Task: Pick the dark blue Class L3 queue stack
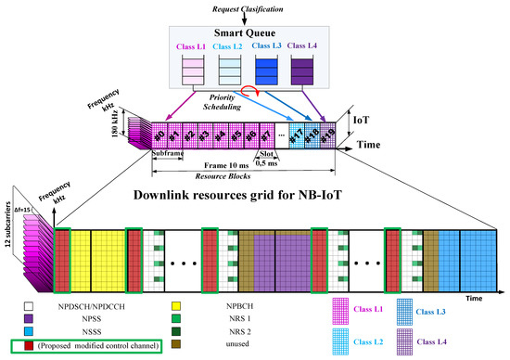pyautogui.click(x=279, y=72)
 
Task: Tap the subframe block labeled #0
pyautogui.click(x=159, y=134)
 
